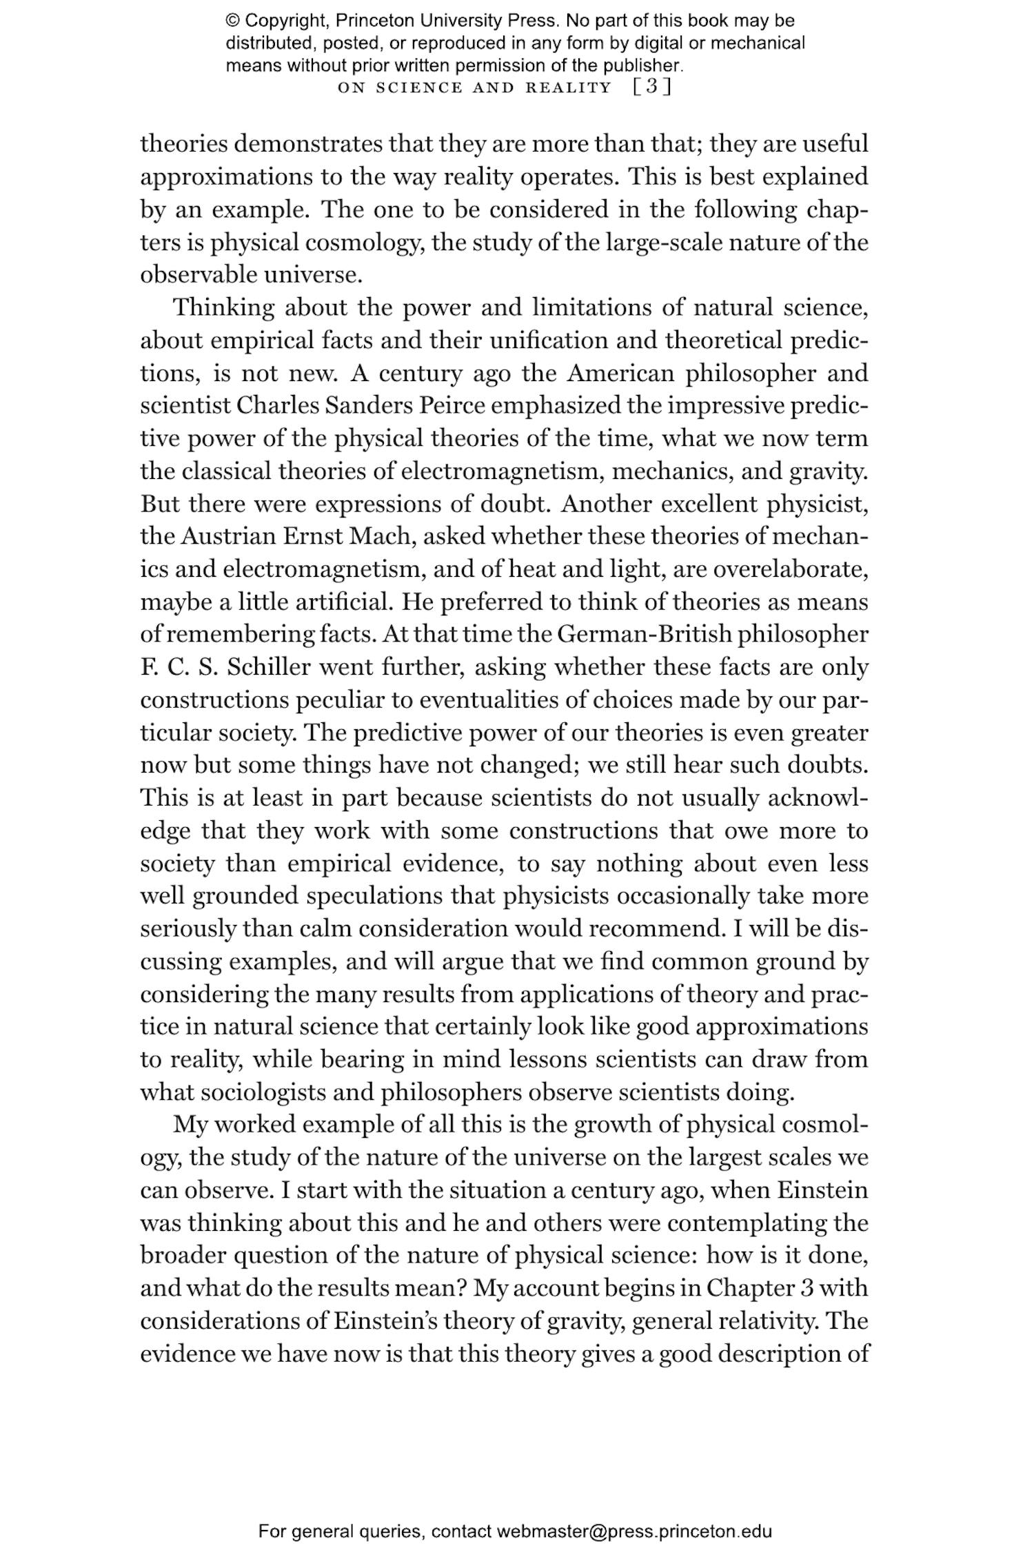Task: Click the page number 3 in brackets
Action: point(651,88)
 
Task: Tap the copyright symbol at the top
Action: point(232,21)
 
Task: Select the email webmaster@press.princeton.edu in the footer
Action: point(634,1532)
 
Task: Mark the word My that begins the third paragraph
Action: point(185,1124)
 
